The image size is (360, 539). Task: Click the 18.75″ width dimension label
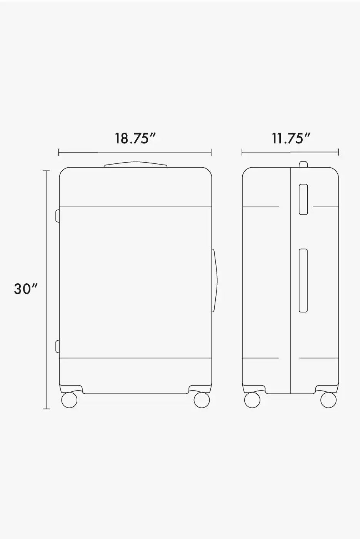pos(135,139)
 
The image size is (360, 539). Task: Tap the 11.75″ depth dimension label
pos(291,139)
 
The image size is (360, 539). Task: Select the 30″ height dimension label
pos(26,289)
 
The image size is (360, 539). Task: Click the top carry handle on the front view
pos(135,165)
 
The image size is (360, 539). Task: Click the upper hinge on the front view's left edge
pos(58,216)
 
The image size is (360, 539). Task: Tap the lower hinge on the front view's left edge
pos(58,346)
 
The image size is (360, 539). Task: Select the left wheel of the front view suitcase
pos(69,400)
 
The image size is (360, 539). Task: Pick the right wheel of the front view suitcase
pos(202,400)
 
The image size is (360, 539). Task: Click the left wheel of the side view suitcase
pos(252,400)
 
